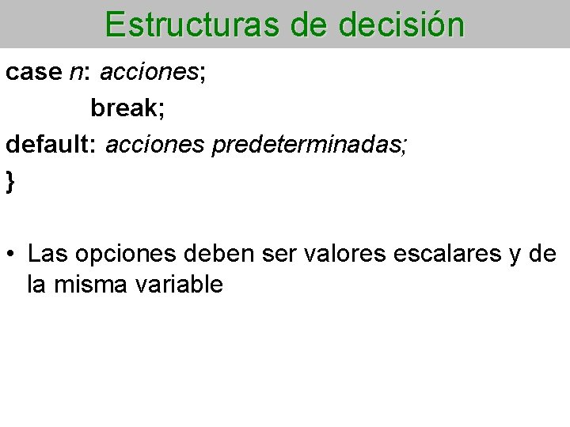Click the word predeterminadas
coord(308,145)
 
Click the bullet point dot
coord(11,255)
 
